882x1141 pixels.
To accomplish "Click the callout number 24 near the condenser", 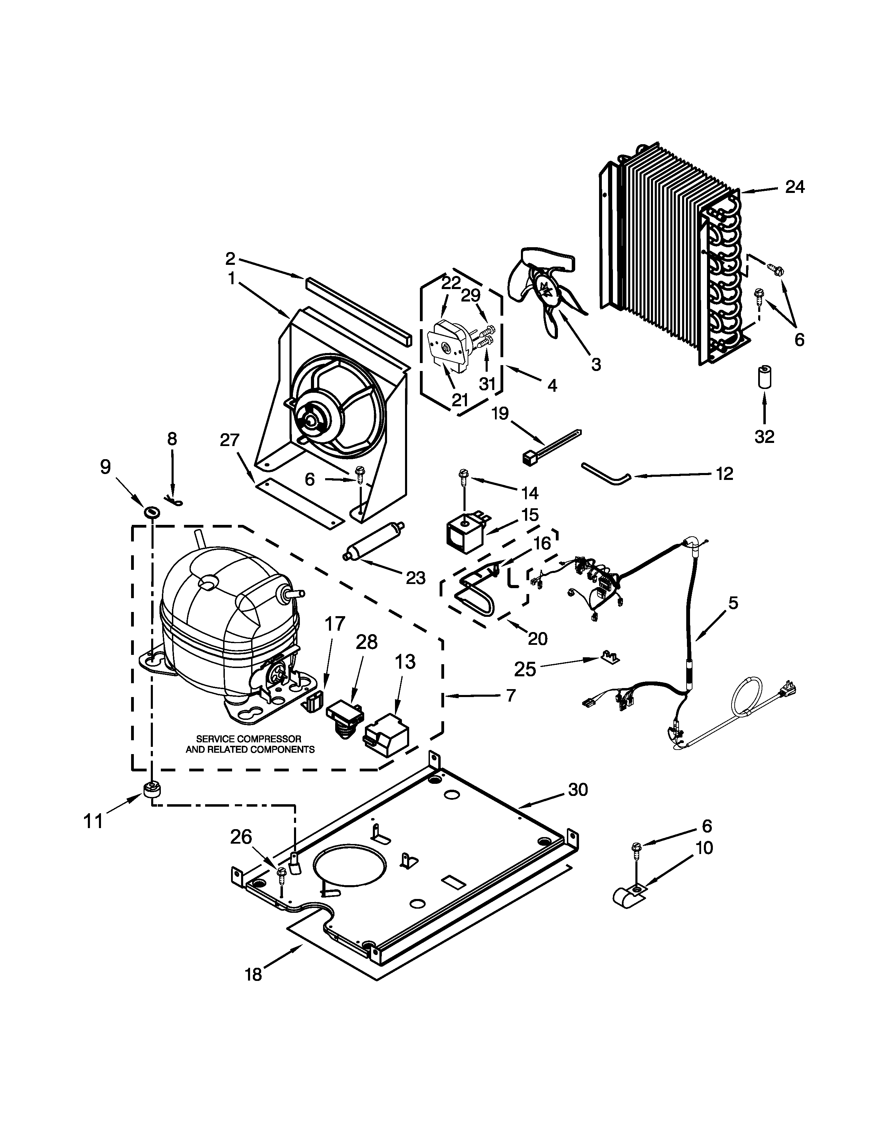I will [795, 187].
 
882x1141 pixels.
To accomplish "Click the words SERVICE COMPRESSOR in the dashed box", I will [249, 739].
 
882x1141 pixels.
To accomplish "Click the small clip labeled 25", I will [609, 656].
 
